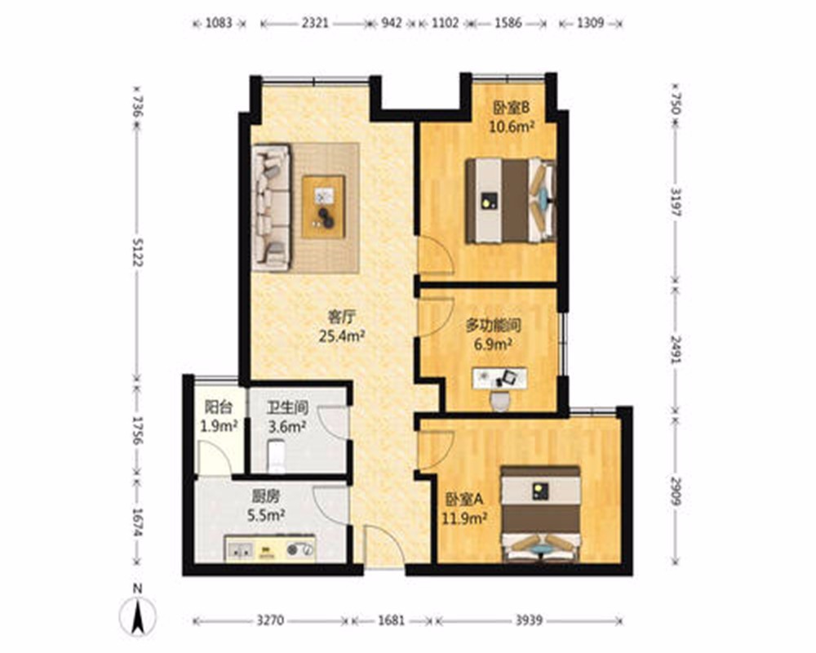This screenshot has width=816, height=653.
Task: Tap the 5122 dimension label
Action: coord(137,252)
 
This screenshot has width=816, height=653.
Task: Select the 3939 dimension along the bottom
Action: coord(530,620)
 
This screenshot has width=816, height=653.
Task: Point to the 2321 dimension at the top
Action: coord(315,23)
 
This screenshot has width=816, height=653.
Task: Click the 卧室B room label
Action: coord(511,108)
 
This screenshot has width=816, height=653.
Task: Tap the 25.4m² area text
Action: coord(341,336)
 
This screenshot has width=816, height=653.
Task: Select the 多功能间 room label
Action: coord(493,326)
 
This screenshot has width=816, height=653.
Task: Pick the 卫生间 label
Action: coord(288,407)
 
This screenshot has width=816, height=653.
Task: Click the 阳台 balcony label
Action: coord(218,407)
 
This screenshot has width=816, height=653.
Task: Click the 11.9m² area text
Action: coord(464,518)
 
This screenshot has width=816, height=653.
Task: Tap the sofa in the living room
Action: coord(270,207)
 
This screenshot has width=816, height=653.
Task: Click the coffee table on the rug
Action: coord(324,207)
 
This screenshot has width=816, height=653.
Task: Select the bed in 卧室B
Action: coord(511,201)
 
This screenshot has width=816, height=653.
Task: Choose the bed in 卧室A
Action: coord(541,513)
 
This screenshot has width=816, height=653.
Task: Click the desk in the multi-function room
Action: coord(499,378)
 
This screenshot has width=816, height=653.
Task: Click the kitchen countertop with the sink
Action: coord(270,548)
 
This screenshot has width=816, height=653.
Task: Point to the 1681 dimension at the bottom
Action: coord(392,620)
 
